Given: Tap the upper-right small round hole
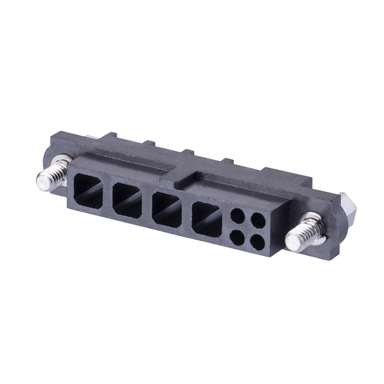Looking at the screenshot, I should pos(258,221).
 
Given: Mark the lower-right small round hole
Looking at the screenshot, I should pos(257,243).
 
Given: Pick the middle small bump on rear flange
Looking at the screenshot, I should pos(188,152).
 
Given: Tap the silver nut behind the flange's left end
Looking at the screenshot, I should pos(91,138).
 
